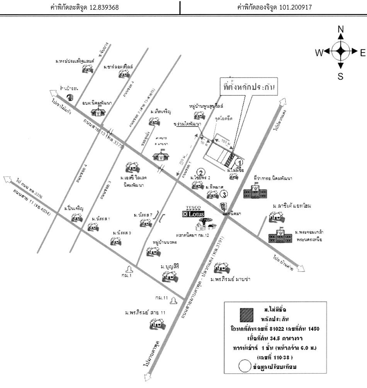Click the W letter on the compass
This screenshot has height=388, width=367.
coord(318,53)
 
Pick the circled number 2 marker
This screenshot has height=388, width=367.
coord(200,172)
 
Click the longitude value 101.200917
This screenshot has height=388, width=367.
coord(296,7)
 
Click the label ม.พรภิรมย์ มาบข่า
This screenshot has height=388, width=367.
coord(231,279)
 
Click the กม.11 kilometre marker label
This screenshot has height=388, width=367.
coord(161,298)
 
